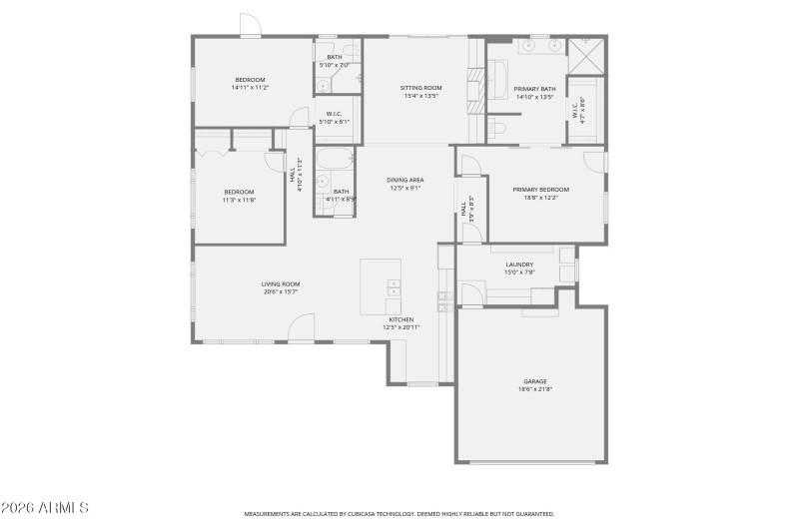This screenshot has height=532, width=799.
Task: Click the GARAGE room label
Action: (535, 381)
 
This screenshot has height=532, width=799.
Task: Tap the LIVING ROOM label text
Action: (281, 283)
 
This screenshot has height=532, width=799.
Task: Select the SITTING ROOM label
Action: (421, 88)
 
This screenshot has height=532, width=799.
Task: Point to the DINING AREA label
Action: (405, 180)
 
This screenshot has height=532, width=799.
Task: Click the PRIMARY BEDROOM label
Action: (541, 189)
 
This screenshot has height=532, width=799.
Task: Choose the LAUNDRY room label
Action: (518, 265)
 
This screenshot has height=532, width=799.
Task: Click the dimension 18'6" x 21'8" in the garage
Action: (535, 389)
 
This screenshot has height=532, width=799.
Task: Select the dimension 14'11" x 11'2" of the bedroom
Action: (250, 88)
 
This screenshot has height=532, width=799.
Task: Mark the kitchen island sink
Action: (393, 289)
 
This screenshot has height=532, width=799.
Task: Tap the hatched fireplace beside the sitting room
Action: (476, 78)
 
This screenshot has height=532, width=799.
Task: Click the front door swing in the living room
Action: (302, 329)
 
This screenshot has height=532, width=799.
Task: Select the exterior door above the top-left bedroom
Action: (251, 27)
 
